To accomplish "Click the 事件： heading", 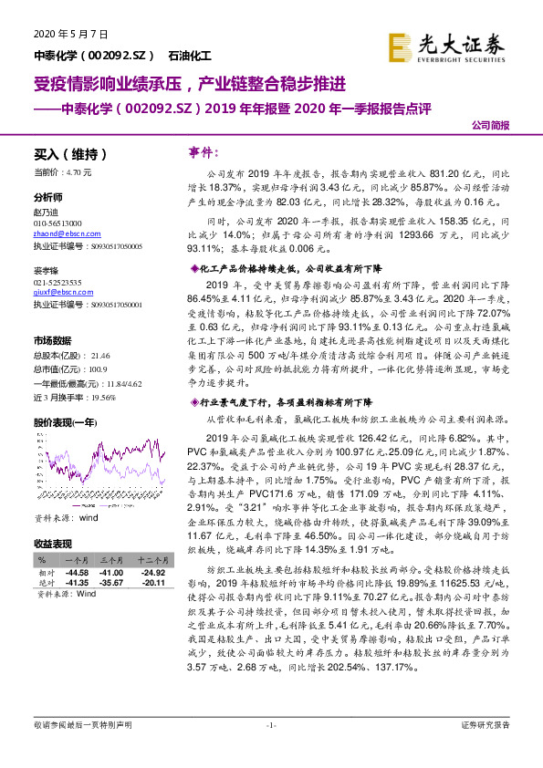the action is tap(206, 150).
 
